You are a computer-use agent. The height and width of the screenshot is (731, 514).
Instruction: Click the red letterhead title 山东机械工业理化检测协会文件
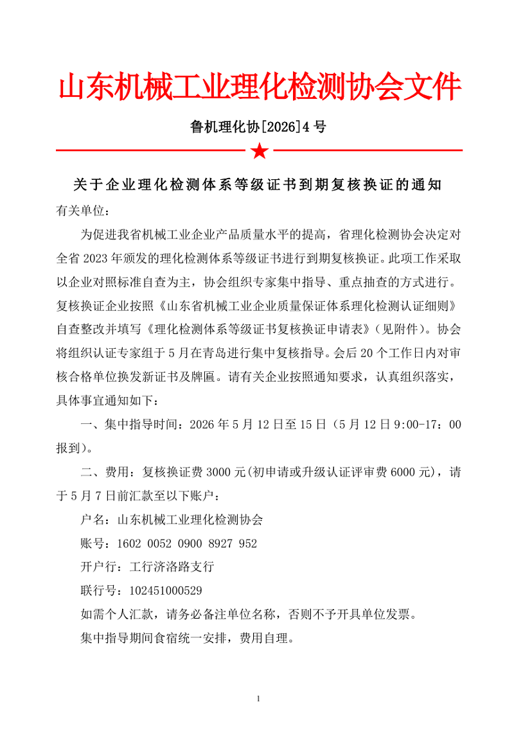[x=260, y=87]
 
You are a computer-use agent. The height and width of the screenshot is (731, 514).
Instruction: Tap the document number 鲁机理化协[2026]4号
[x=258, y=127]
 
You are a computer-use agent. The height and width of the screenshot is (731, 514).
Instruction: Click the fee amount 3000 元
[x=222, y=472]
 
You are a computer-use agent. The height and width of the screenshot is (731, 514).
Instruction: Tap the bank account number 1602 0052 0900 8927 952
[x=186, y=543]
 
